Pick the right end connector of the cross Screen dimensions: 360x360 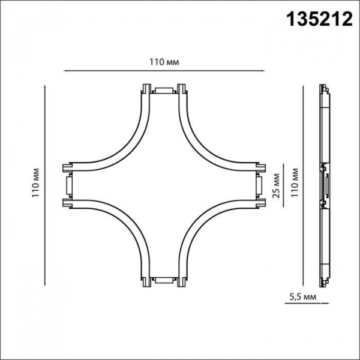click(258, 185)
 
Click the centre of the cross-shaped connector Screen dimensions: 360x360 click(163, 185)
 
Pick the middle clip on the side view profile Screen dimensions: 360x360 click(325, 185)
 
